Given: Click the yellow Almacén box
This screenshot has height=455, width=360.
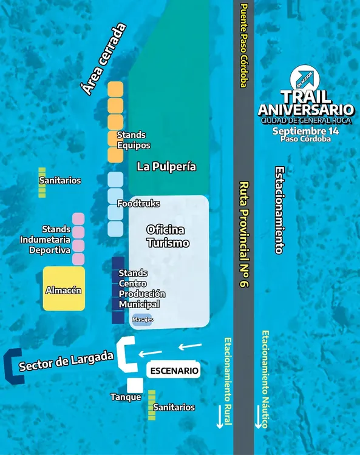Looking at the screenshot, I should coord(63,289).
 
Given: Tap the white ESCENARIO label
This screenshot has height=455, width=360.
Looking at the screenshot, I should coord(174,370).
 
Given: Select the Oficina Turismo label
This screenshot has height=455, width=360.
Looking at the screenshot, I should coord(168,237).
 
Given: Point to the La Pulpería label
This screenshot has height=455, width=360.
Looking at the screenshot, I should coord(166,166).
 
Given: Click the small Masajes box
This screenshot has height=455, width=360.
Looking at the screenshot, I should coord(142,320).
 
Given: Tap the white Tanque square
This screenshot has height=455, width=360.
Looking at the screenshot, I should coord(135,385).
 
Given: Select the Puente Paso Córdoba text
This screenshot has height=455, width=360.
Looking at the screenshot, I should coord(243,46).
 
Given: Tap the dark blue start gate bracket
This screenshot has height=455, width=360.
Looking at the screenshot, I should coord(12,366).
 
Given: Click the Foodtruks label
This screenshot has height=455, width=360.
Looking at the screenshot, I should coord(138,203).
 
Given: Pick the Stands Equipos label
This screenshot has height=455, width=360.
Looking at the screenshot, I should coord(134,140).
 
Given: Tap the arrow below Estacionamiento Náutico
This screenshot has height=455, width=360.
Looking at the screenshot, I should coord(258,417).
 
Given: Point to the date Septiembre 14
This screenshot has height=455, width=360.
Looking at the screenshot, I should coord(306,131).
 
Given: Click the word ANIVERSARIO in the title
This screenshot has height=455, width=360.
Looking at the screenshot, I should coord(306,110).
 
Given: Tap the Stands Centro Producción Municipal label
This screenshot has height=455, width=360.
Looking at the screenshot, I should coord(142,288).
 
